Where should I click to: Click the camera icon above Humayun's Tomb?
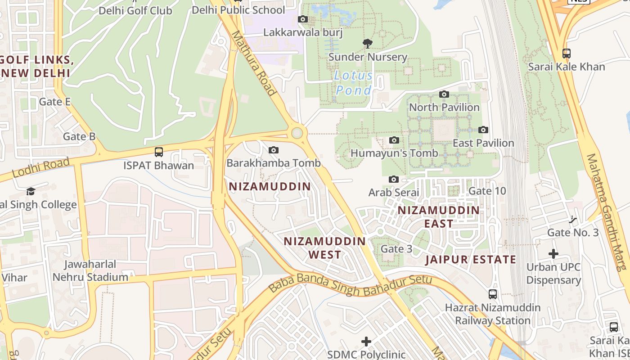click(394, 140)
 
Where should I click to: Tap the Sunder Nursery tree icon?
click(368, 44)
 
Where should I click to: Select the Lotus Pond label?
click(354, 83)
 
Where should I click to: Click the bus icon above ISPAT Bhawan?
click(158, 152)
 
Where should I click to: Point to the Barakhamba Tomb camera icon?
click(273, 150)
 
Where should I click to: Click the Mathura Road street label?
click(253, 63)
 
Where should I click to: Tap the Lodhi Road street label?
click(40, 167)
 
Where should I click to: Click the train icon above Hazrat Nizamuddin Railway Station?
click(493, 294)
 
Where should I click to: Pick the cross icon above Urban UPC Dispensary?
click(553, 254)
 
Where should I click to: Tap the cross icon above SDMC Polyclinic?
click(367, 342)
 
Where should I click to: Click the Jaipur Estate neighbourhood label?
click(471, 260)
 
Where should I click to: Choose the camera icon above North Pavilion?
click(444, 94)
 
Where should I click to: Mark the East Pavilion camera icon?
click(483, 130)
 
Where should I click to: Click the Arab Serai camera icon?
click(393, 180)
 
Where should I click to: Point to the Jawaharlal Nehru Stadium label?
click(90, 270)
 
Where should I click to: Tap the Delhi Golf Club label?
click(135, 10)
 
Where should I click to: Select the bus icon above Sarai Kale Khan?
click(567, 54)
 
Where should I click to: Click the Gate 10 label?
click(487, 191)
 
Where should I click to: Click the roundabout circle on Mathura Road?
click(297, 133)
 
